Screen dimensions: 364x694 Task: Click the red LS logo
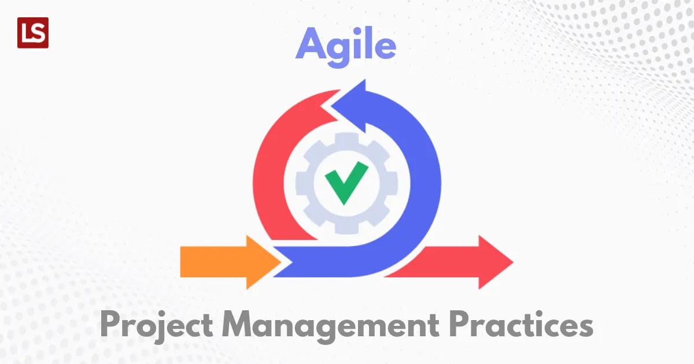click(33, 32)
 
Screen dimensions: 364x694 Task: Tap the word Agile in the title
click(346, 46)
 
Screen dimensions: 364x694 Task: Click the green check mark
click(346, 182)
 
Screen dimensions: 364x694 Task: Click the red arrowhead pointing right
click(494, 262)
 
